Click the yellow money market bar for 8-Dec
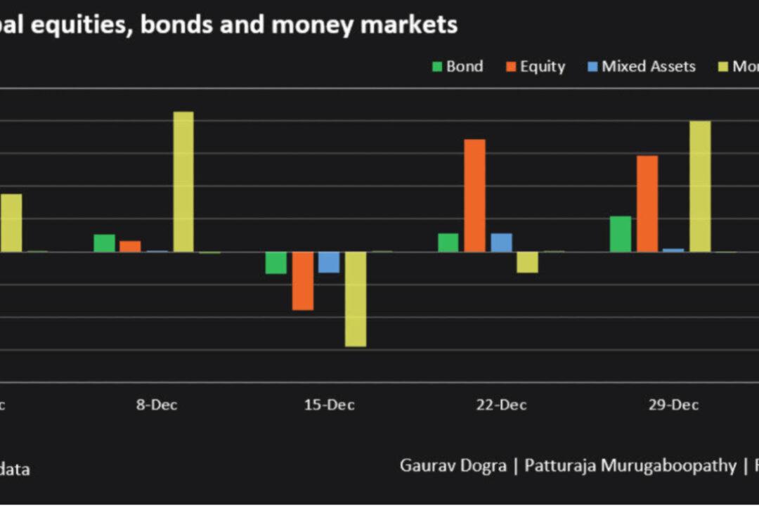(x=183, y=181)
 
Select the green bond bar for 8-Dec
(x=104, y=243)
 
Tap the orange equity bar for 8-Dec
(x=130, y=246)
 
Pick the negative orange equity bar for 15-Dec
(x=303, y=280)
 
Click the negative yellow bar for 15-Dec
(x=356, y=299)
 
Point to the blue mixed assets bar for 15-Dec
(x=329, y=262)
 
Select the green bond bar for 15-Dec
(x=275, y=263)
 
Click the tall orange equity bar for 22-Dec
(x=474, y=195)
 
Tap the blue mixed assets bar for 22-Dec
(x=501, y=242)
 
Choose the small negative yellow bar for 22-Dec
(x=527, y=262)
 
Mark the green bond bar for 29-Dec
(x=621, y=234)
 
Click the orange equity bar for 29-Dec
(x=647, y=204)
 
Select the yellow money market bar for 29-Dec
(x=700, y=186)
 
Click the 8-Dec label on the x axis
(x=157, y=406)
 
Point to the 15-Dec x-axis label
(x=329, y=406)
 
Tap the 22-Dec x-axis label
(x=501, y=406)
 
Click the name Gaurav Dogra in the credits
(x=453, y=465)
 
